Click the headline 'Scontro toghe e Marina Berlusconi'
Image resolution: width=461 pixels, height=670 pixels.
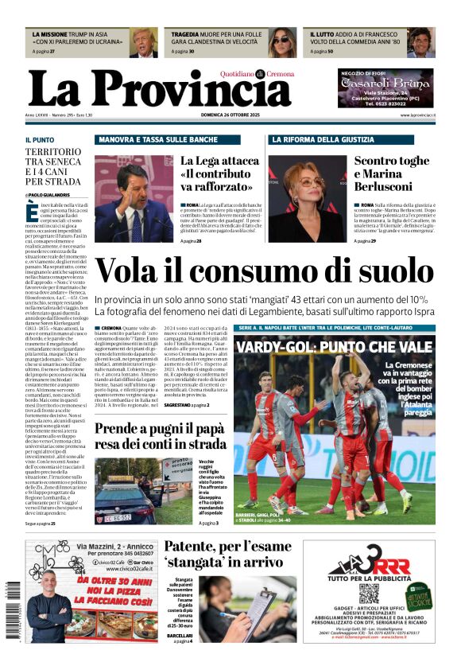(x=392, y=173)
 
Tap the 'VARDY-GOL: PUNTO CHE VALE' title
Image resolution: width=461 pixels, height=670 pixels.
(x=334, y=348)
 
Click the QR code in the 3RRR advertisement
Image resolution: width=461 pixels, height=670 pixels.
(x=368, y=594)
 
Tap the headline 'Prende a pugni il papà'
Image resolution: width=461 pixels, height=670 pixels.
(x=161, y=436)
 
